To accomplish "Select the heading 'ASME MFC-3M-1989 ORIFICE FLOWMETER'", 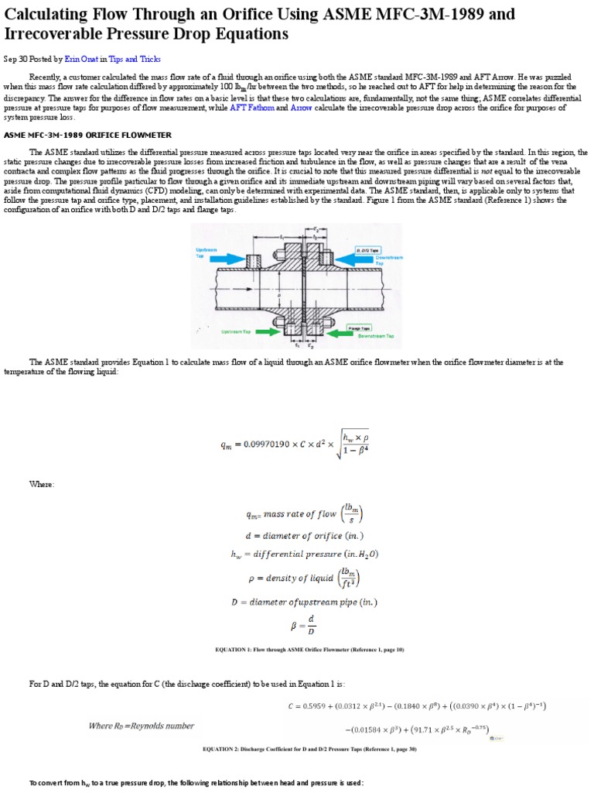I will [88, 135].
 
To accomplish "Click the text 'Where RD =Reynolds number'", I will [142, 726].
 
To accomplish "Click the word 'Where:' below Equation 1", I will [42, 484].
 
